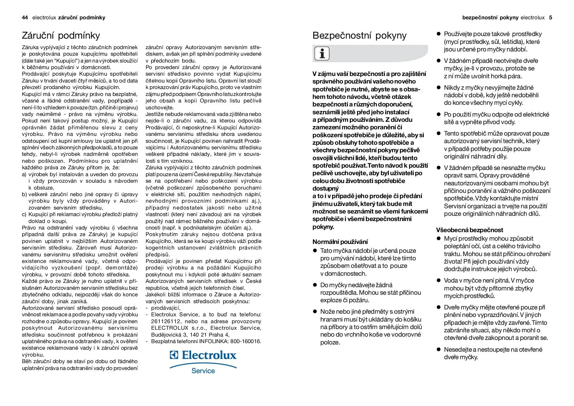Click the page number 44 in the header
pyautogui.click(x=25, y=18)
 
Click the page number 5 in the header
pyautogui.click(x=550, y=18)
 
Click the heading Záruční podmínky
pyautogui.click(x=61, y=35)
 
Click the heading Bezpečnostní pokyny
pyautogui.click(x=359, y=35)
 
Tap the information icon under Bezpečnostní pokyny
pyautogui.click(x=322, y=53)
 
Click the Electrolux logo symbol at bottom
pyautogui.click(x=174, y=355)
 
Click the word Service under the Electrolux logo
pyautogui.click(x=203, y=371)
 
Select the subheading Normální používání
pyautogui.click(x=340, y=242)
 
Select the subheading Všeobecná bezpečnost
pyautogui.click(x=469, y=230)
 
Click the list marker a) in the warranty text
pyautogui.click(x=24, y=175)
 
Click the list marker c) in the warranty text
pyautogui.click(x=24, y=214)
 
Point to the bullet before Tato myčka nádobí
pyautogui.click(x=315, y=251)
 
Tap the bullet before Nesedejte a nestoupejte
pyautogui.click(x=439, y=350)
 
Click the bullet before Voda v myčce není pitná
pyautogui.click(x=439, y=281)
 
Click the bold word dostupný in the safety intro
pyautogui.click(x=325, y=189)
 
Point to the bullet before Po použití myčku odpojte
pyautogui.click(x=439, y=115)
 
